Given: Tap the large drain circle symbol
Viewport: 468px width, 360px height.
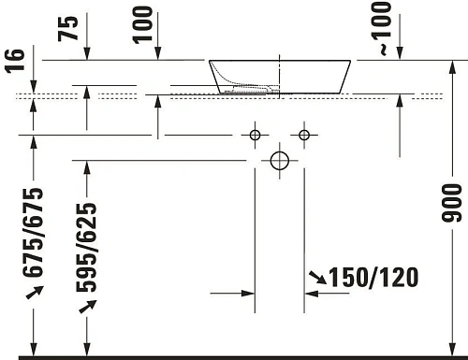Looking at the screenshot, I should click(x=279, y=161).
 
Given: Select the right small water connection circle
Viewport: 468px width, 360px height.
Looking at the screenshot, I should click(x=303, y=136).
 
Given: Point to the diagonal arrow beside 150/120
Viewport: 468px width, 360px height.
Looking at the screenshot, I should click(x=319, y=276).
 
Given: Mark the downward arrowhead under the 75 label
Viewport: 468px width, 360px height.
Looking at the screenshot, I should click(x=87, y=54).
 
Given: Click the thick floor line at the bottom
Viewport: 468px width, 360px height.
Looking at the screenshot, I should click(x=234, y=356).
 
